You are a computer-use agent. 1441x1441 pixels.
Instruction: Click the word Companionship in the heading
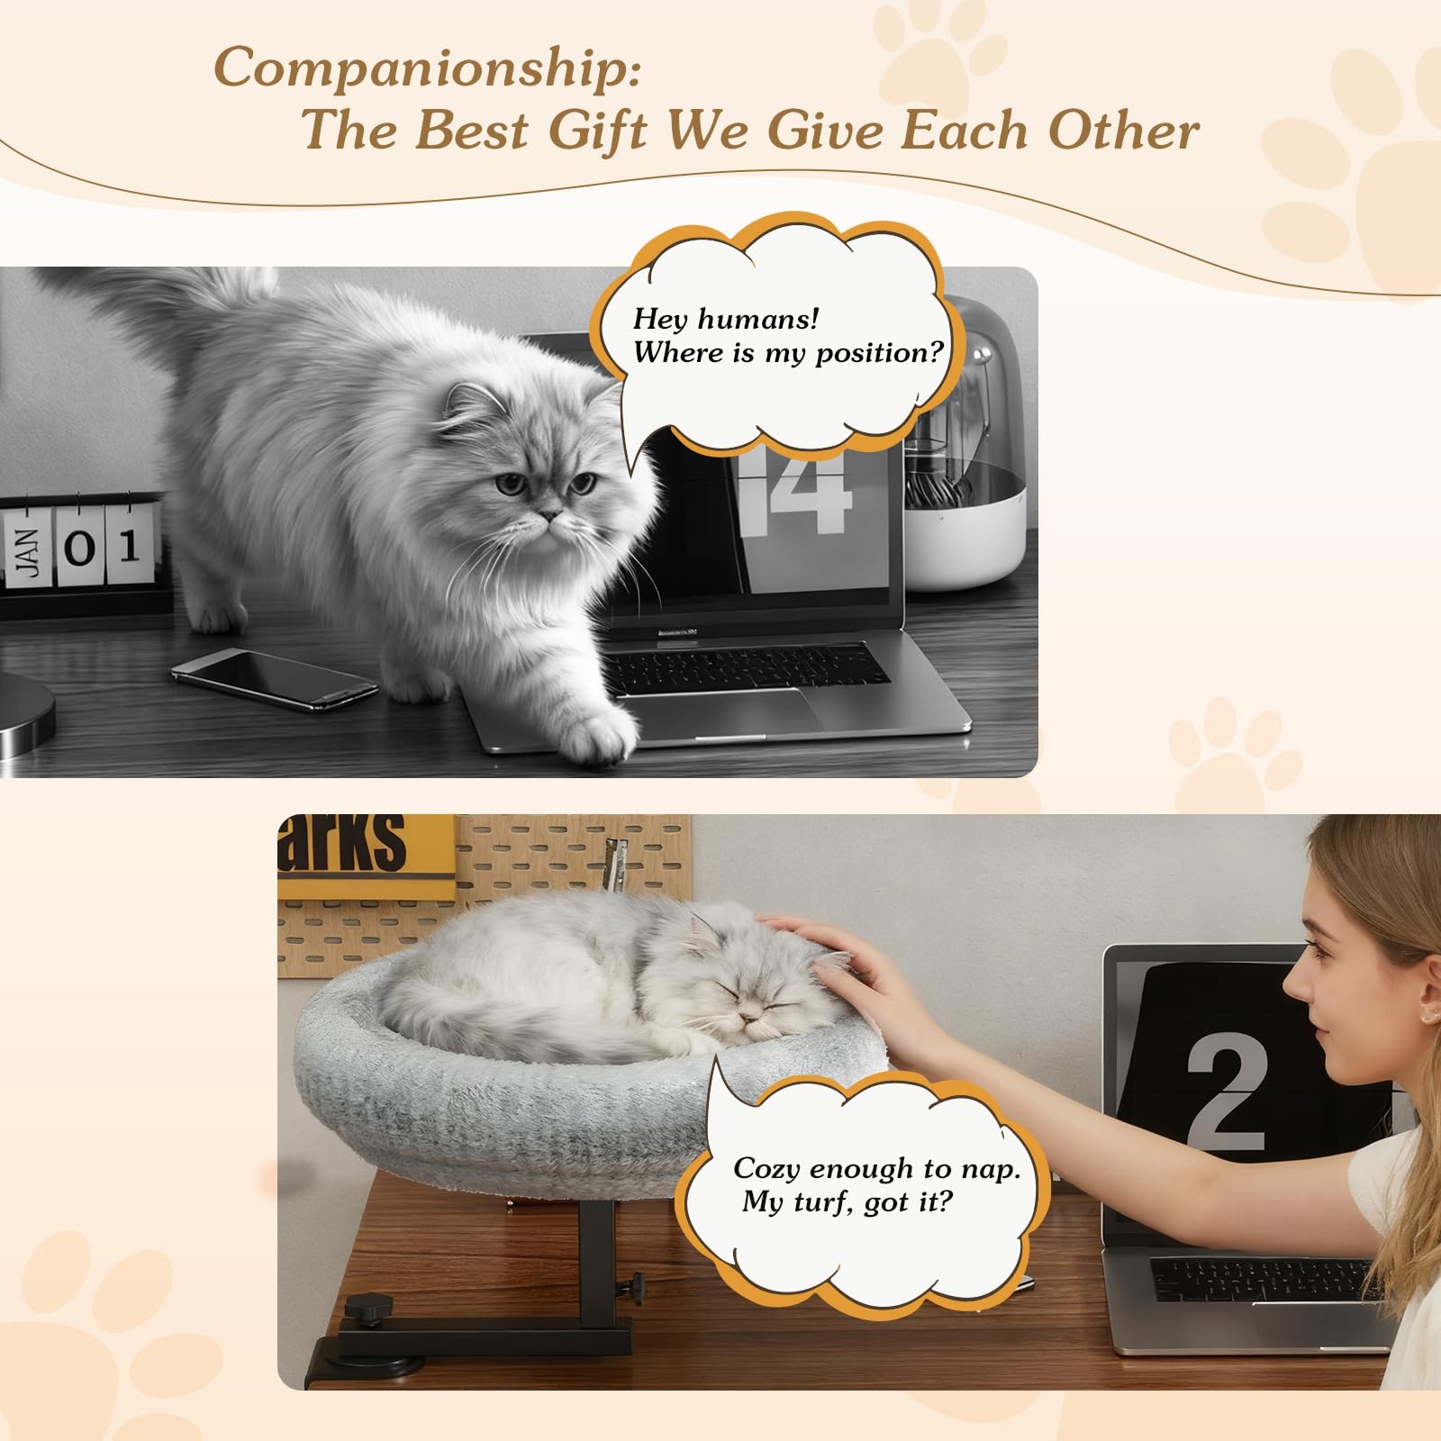427,68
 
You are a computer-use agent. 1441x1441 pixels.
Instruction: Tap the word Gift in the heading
598,131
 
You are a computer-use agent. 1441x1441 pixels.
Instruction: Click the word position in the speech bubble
877,353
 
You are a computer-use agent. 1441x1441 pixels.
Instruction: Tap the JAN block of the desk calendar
27,551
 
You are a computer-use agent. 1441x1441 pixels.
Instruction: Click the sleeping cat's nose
747,1019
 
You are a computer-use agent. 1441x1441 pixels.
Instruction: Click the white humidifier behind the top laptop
964,450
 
